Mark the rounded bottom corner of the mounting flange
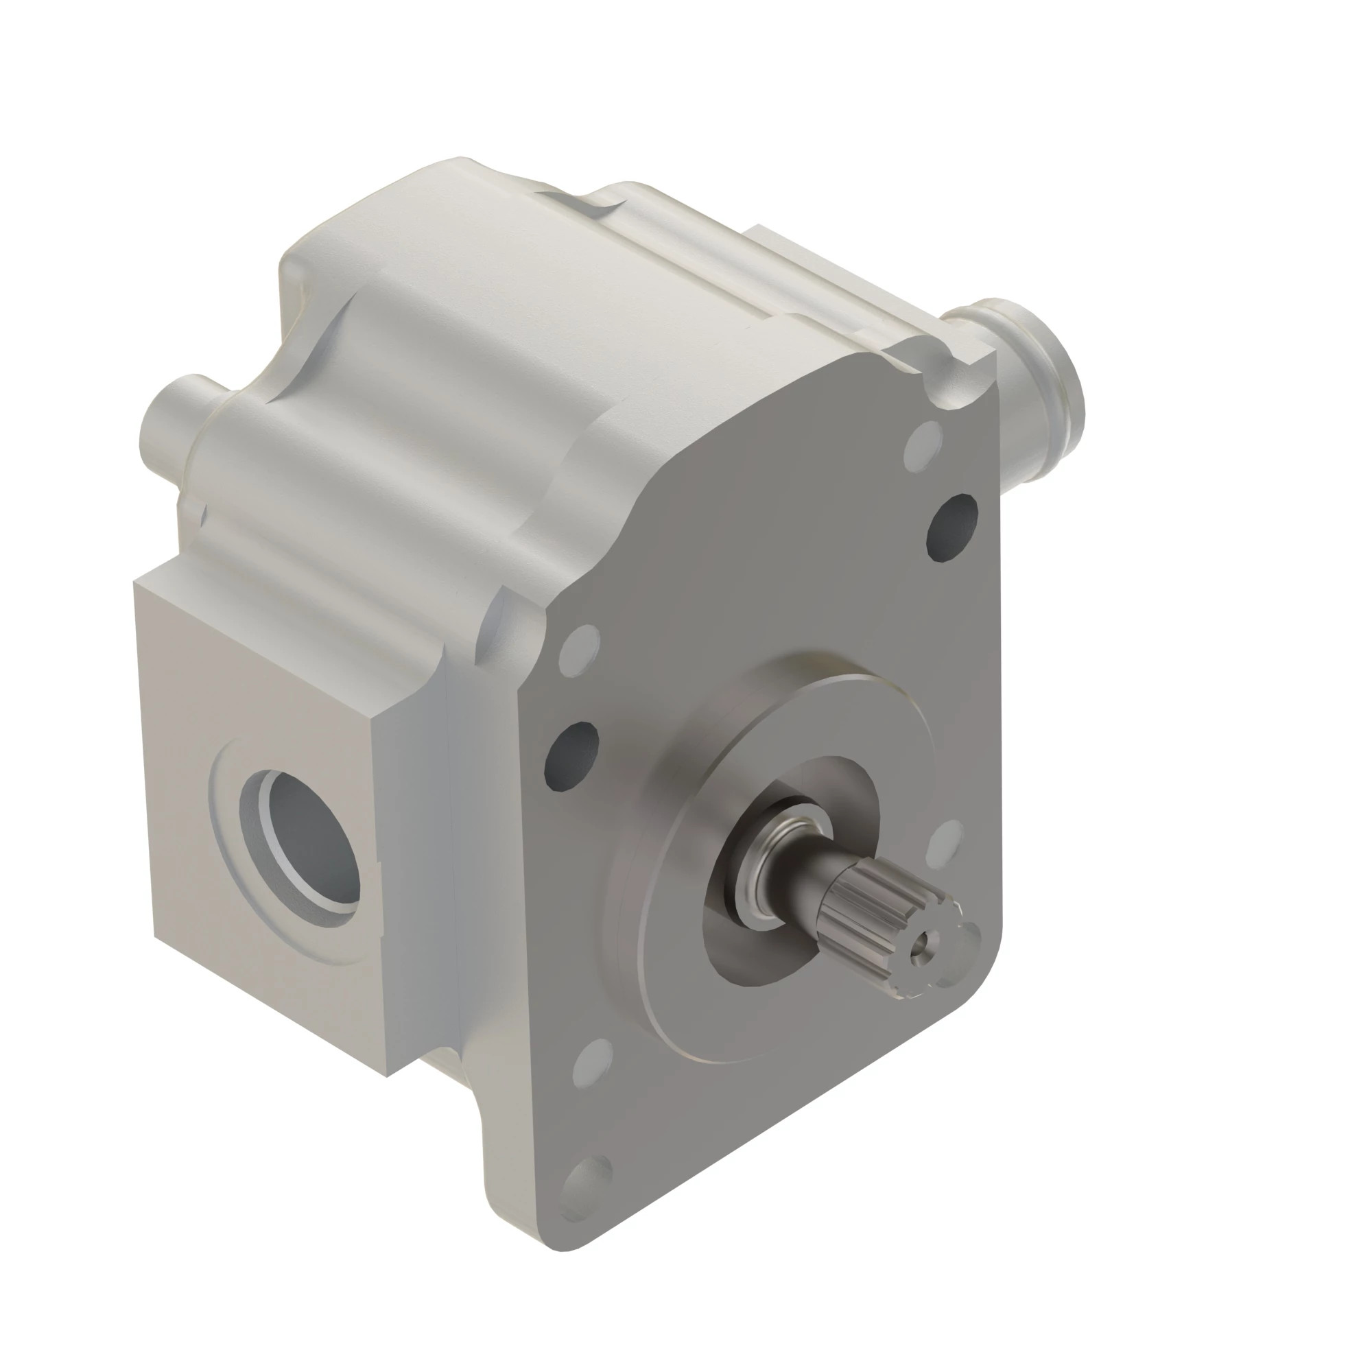[x=568, y=1243]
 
